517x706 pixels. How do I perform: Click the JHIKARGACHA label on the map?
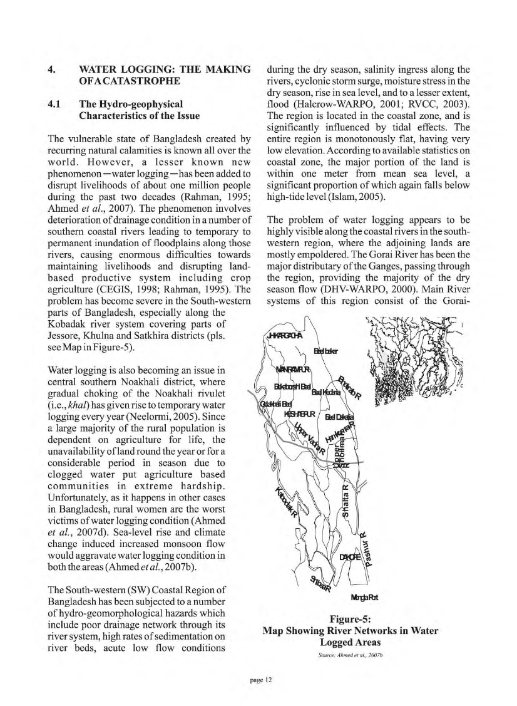click(285, 336)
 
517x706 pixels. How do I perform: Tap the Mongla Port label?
click(365, 596)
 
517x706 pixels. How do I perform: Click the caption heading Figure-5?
click(351, 619)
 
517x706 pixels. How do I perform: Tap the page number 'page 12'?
click(258, 680)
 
